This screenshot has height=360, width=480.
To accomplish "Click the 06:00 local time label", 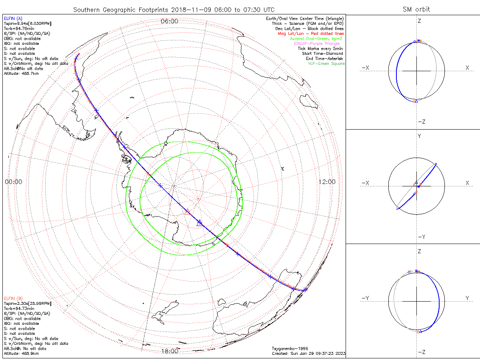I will [x=169, y=21].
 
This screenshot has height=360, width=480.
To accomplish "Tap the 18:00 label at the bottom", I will [x=169, y=351].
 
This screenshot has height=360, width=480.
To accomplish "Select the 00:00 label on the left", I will [x=13, y=182].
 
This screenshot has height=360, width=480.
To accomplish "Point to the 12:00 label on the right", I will [x=327, y=182].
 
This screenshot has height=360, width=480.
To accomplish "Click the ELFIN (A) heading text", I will [x=13, y=18].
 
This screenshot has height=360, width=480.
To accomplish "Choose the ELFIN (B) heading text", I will [x=13, y=298].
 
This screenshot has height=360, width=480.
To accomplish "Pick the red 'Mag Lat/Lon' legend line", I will [x=311, y=34].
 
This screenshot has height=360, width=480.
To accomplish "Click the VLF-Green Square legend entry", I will [x=326, y=64].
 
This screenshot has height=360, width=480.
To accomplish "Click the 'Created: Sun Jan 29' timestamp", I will [x=308, y=353].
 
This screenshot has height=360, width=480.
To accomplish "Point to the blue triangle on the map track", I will [x=200, y=223].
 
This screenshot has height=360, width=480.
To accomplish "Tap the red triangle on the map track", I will [x=187, y=211].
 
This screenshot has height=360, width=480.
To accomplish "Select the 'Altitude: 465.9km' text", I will [x=21, y=354].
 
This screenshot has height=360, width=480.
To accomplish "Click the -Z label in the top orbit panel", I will [x=421, y=122].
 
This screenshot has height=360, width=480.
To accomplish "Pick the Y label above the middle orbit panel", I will [x=419, y=136].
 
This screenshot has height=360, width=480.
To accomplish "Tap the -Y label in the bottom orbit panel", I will [x=365, y=298].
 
